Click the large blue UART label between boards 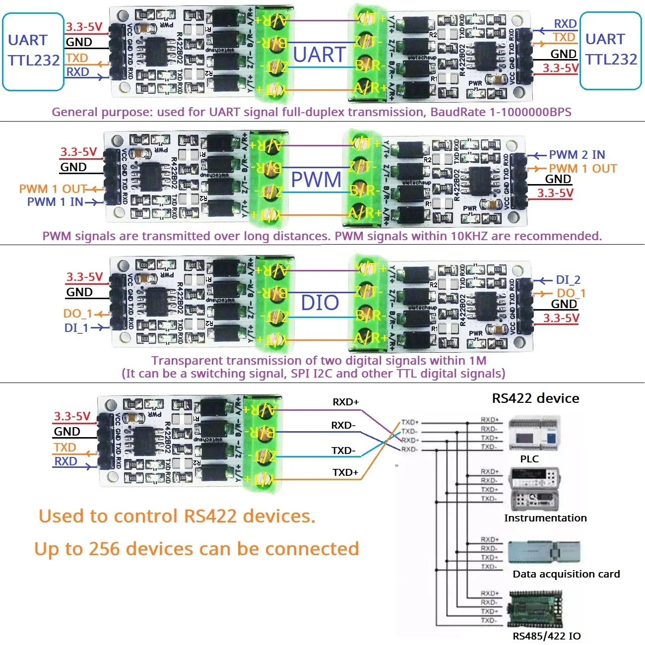[x=319, y=55]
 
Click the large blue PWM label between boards [x=316, y=180]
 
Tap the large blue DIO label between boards [x=320, y=303]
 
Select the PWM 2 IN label [x=577, y=155]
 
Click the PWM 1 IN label [x=55, y=202]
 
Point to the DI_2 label [x=568, y=280]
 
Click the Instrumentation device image [x=535, y=489]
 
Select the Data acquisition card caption [x=566, y=574]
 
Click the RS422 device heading [x=535, y=398]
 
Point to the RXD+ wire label [x=345, y=402]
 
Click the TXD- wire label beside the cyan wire [x=343, y=451]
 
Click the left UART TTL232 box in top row [x=33, y=52]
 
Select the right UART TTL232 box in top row [x=610, y=51]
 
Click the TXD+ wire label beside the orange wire [x=345, y=472]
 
